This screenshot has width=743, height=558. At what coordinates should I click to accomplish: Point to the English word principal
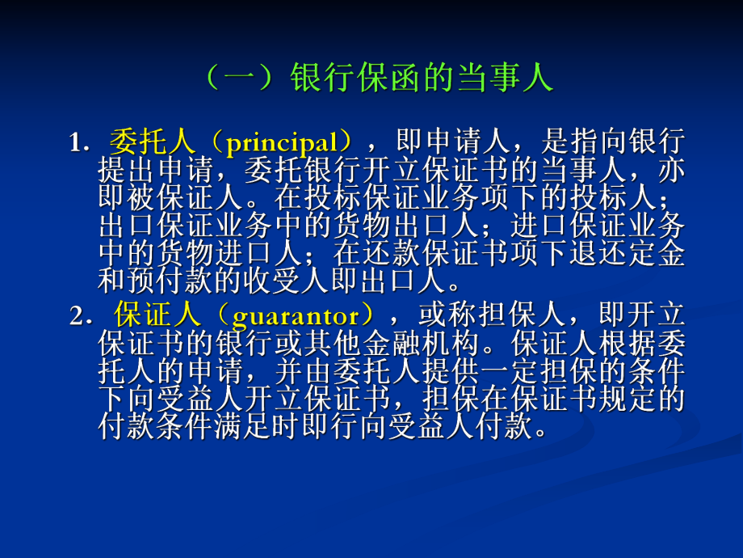pos(281,144)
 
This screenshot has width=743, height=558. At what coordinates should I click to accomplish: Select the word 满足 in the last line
pos(259,426)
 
